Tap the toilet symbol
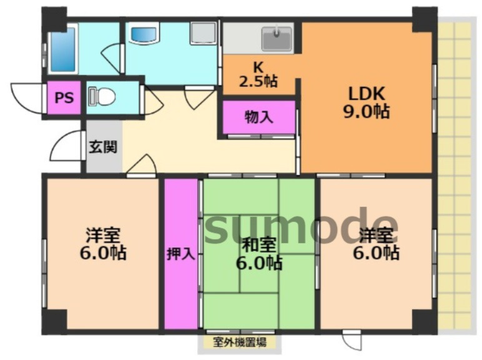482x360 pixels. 103,97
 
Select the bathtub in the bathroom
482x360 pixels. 63,49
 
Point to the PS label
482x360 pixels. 63,98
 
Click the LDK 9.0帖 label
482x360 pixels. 368,102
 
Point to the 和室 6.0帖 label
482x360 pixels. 258,253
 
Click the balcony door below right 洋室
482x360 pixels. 352,341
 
